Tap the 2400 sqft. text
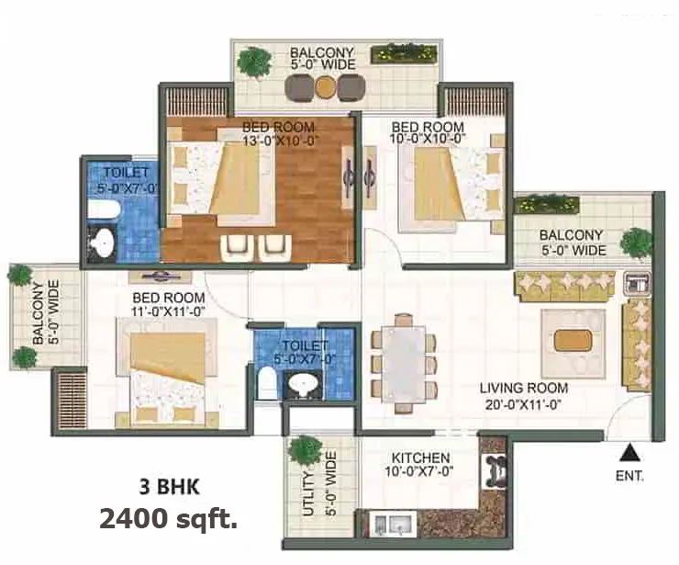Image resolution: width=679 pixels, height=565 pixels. point(168,521)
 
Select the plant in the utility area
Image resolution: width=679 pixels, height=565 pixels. point(302,450)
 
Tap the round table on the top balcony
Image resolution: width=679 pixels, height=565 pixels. point(325,86)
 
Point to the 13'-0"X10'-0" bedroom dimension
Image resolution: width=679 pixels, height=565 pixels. point(279,141)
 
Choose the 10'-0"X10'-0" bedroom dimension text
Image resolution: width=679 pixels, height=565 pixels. point(428,139)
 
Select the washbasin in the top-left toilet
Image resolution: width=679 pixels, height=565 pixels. point(104,241)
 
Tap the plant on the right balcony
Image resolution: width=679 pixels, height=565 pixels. point(635,243)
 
